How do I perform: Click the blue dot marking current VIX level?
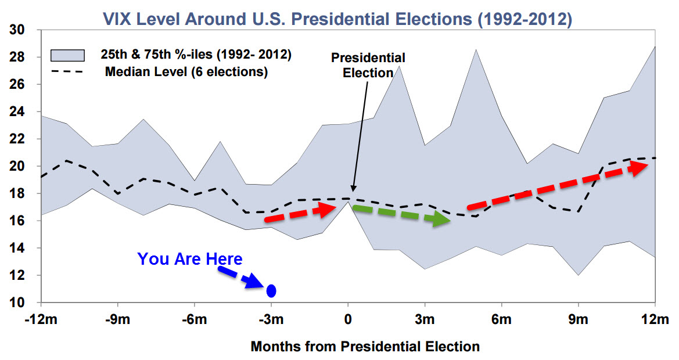click(x=271, y=290)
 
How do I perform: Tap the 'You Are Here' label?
click(x=190, y=259)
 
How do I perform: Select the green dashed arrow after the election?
click(x=401, y=215)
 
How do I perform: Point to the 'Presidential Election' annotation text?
click(x=368, y=65)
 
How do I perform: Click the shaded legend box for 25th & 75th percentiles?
click(x=67, y=55)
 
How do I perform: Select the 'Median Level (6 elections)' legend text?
click(x=186, y=73)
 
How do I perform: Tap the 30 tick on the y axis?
click(x=18, y=30)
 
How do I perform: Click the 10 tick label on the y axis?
click(x=18, y=303)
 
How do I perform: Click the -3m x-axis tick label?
click(x=271, y=320)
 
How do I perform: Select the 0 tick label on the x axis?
click(x=348, y=320)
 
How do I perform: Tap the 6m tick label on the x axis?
click(x=501, y=320)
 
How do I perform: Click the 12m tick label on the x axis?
click(x=655, y=320)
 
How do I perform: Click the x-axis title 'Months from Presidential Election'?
click(x=365, y=347)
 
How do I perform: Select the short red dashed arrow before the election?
click(x=300, y=214)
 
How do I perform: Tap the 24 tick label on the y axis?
click(x=18, y=112)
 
